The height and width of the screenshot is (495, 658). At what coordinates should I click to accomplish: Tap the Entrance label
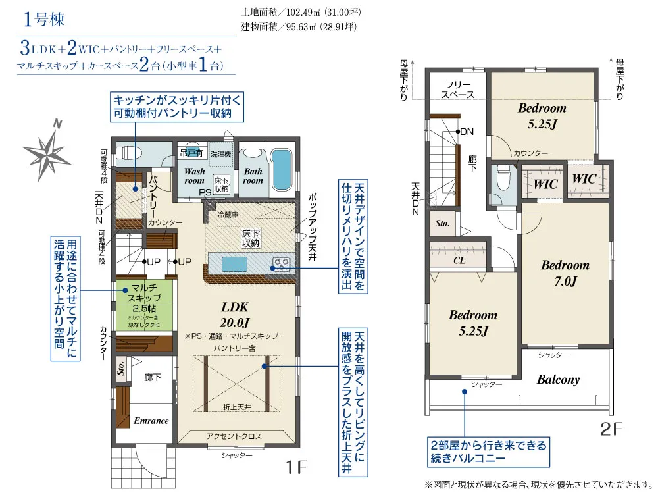click(151, 421)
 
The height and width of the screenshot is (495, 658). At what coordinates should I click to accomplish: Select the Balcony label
click(558, 380)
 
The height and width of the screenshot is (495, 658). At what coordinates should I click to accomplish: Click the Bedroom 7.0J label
click(565, 273)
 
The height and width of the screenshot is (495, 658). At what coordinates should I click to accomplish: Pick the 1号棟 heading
click(44, 19)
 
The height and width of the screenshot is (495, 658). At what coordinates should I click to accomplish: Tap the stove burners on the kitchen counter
click(280, 264)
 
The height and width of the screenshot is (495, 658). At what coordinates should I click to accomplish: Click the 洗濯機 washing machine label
click(221, 153)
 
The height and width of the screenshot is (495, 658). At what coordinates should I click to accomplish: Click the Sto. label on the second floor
click(442, 224)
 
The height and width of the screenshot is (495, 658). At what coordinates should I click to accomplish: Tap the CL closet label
click(459, 260)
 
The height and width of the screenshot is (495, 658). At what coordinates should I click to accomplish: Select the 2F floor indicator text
click(611, 429)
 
